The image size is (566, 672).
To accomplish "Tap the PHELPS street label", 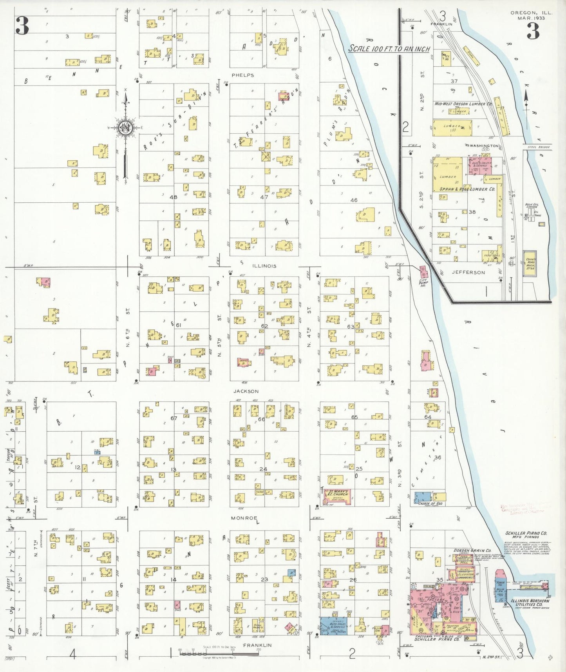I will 242,75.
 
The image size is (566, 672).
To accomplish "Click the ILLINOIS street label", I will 264,266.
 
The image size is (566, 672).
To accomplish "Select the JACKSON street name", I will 246,391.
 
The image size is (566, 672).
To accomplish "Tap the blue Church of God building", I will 423,497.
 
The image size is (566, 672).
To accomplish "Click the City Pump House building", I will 423,271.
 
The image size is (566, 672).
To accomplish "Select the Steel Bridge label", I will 538,147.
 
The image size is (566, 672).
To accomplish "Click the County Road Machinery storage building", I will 531,263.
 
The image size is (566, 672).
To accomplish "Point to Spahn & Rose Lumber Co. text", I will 467,189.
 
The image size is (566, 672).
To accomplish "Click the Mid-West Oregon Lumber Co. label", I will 463,104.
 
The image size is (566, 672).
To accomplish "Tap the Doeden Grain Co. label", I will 472,550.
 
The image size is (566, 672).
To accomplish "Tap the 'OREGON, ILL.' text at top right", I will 531,13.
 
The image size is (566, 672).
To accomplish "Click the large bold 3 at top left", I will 22,25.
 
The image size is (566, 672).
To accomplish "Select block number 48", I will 173,197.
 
